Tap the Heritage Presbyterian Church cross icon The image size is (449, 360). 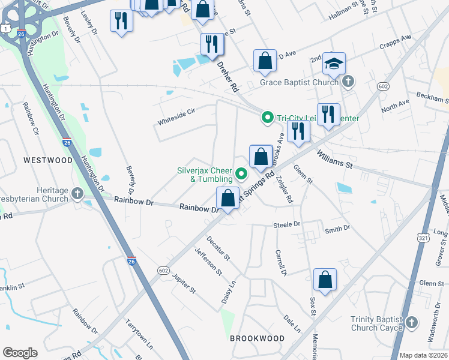(x=77, y=193)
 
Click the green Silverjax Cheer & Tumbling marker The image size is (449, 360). (x=242, y=175)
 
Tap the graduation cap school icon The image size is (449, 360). (x=335, y=62)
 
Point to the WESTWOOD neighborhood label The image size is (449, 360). (x=47, y=160)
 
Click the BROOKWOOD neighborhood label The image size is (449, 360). (x=258, y=338)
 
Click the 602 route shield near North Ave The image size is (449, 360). (x=383, y=87)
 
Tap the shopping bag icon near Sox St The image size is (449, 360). (x=325, y=279)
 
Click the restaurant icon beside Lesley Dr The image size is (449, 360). (x=122, y=20)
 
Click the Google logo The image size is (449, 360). (x=20, y=353)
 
